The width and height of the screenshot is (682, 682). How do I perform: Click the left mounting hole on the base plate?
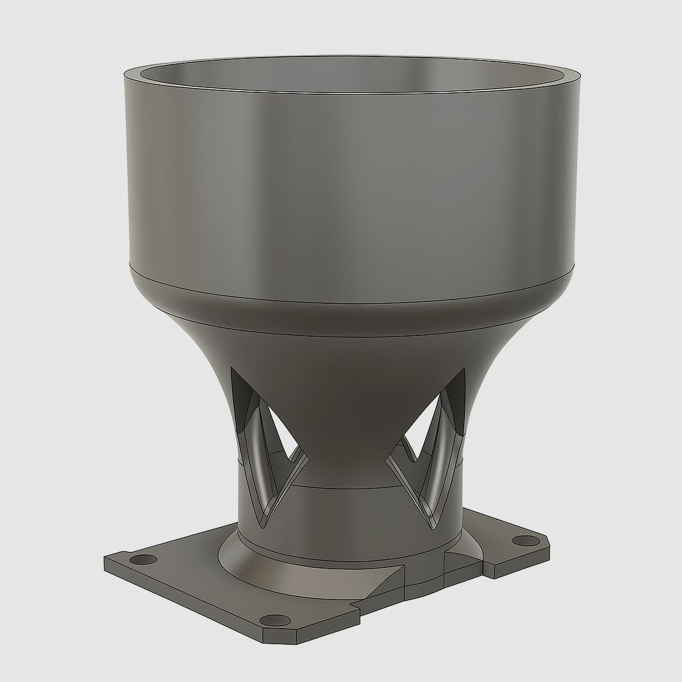[x=144, y=560]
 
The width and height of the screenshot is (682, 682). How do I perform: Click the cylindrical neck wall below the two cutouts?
[x=347, y=515]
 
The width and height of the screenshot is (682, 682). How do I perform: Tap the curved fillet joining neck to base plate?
[x=310, y=570]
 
